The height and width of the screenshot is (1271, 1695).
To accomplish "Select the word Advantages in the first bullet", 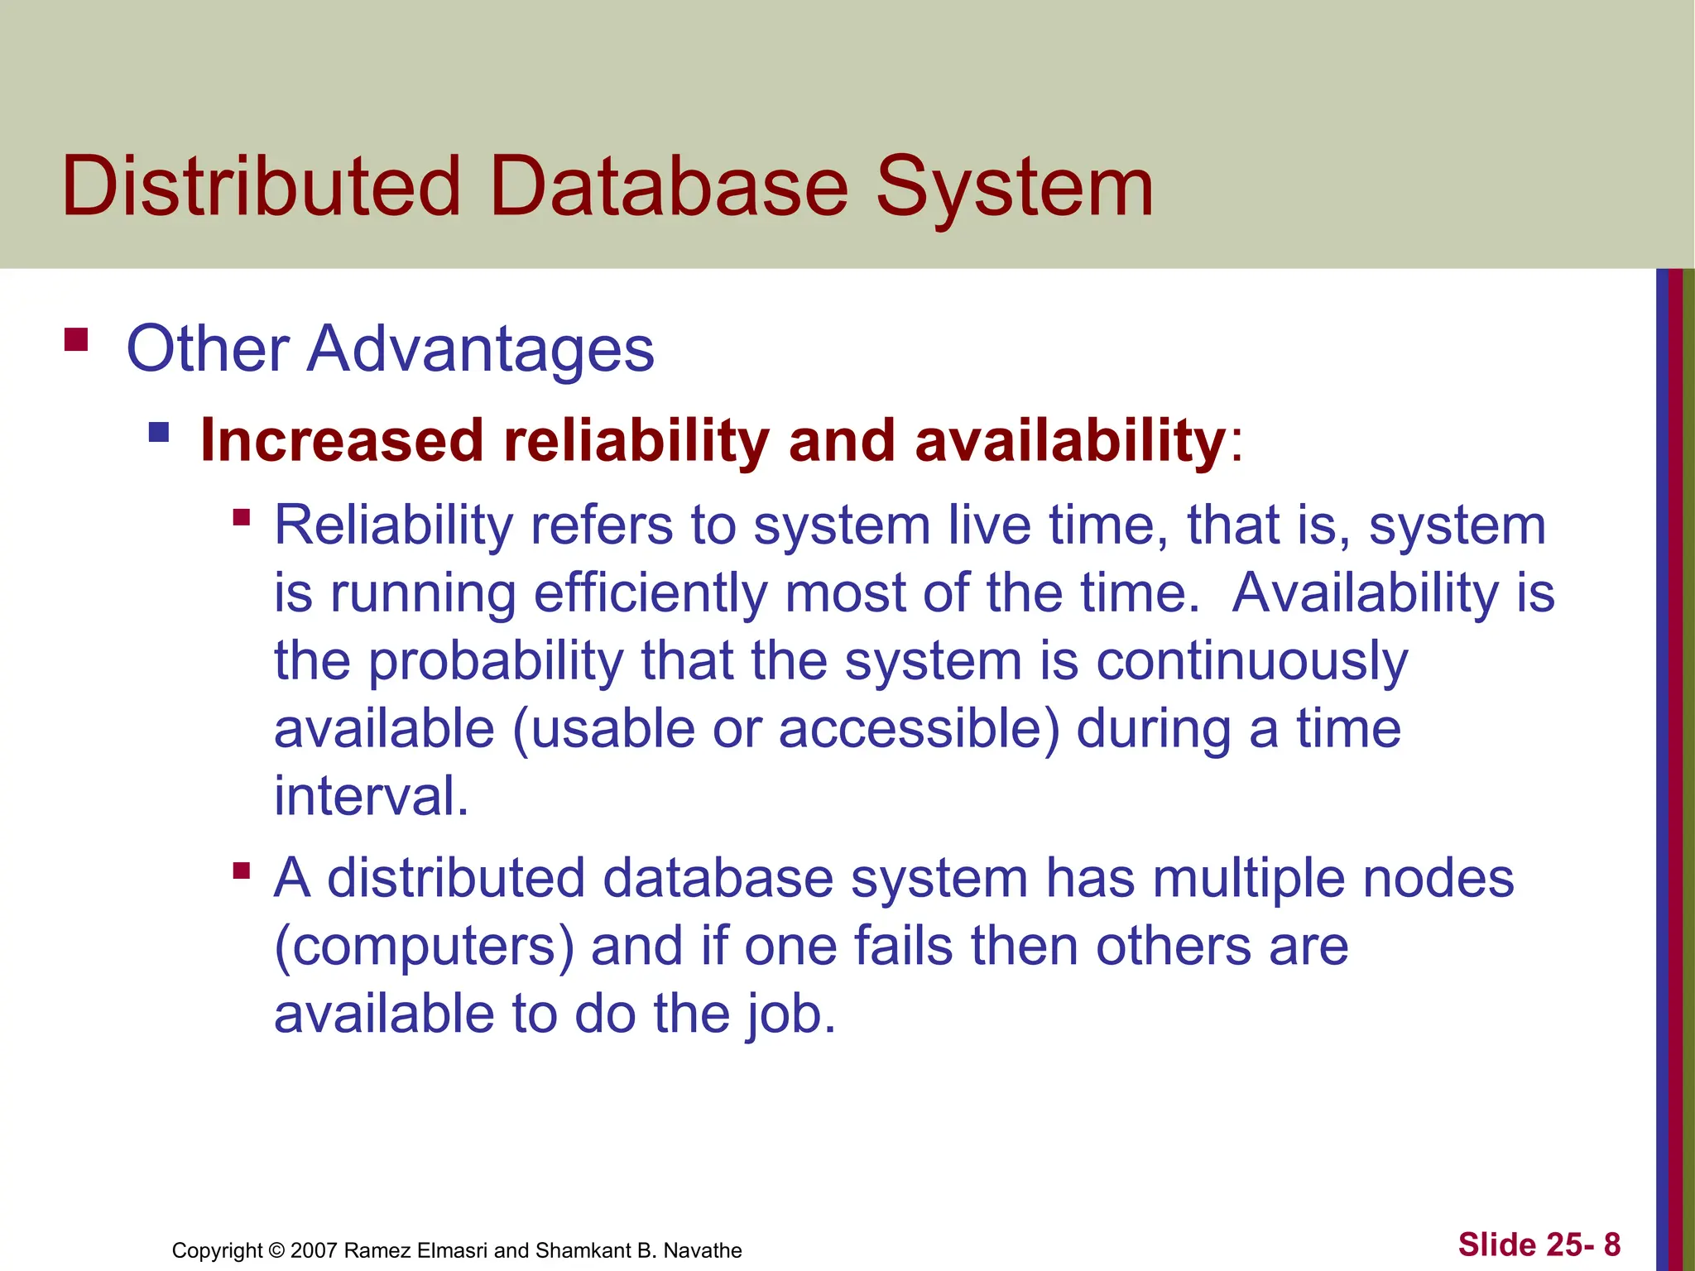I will tap(480, 349).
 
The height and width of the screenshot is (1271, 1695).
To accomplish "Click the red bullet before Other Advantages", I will tap(76, 340).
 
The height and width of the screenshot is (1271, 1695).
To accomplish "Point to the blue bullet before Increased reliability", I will tap(159, 432).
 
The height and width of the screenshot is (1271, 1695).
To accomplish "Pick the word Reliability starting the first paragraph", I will tap(394, 525).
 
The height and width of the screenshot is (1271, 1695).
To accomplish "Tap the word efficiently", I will tap(651, 594).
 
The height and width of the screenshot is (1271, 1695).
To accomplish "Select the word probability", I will tap(495, 662).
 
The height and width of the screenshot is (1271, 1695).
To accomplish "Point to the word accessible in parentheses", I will tap(919, 729).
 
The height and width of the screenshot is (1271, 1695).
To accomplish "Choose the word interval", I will tap(372, 796).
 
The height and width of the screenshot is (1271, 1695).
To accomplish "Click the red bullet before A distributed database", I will tap(242, 871).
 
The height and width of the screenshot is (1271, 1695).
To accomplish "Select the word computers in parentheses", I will tap(424, 947).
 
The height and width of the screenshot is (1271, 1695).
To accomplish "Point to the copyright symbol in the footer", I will tap(276, 1250).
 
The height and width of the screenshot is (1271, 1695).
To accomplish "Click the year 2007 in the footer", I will tap(315, 1250).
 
